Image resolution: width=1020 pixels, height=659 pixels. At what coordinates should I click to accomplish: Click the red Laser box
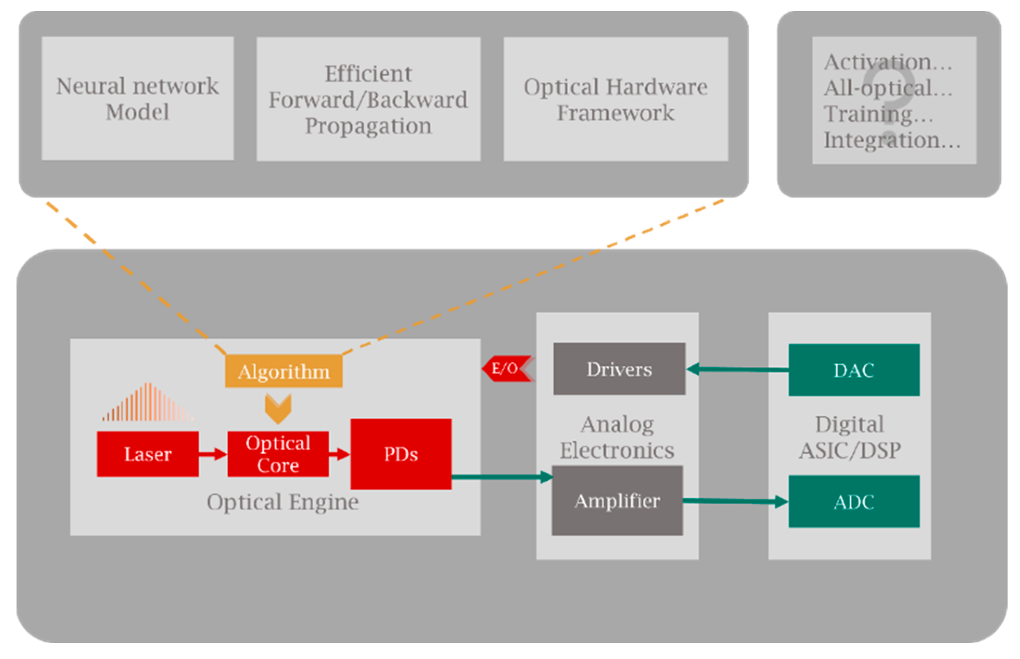pos(148,454)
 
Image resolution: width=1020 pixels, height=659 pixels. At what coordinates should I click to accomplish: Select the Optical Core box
pos(278,454)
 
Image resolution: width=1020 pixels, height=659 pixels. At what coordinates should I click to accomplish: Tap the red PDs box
pos(401,454)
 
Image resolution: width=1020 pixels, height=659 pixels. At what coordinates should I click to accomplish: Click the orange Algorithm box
pos(284,371)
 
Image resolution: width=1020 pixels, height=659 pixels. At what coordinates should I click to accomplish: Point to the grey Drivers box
pos(619,369)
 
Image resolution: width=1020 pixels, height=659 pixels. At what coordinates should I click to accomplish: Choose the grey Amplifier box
pos(617,501)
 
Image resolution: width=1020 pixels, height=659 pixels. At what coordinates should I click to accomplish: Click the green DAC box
pos(854,370)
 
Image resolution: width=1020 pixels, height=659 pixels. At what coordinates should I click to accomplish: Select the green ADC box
pos(854,502)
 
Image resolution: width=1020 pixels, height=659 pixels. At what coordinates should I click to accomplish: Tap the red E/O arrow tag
pos(507,369)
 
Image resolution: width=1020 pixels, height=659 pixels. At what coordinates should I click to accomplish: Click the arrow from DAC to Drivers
pos(737,370)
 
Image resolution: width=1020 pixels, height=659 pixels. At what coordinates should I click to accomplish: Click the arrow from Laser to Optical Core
pos(213,454)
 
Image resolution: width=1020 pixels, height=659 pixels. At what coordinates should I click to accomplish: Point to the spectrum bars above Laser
pos(147,402)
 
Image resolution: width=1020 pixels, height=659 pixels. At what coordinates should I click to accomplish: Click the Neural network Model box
pos(138,99)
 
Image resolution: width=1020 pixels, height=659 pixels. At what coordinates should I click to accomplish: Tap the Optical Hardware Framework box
pos(615,99)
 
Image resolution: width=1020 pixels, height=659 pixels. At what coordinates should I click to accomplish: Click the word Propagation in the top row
pos(368,126)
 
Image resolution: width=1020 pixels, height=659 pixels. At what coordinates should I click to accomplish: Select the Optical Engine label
pos(282,502)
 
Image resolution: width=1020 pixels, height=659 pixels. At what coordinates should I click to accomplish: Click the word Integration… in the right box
pos(891,140)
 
